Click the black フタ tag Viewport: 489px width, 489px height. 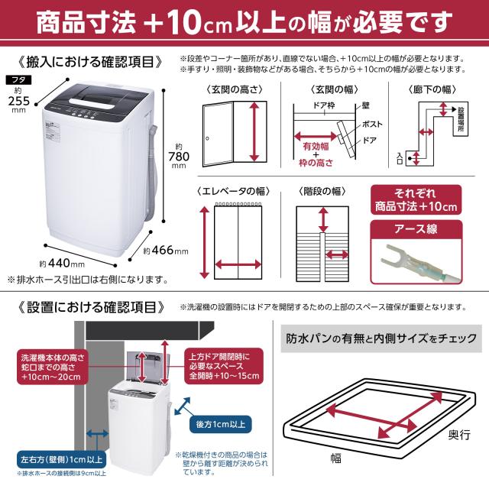click(16, 79)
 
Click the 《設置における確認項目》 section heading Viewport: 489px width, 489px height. click(90, 307)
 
